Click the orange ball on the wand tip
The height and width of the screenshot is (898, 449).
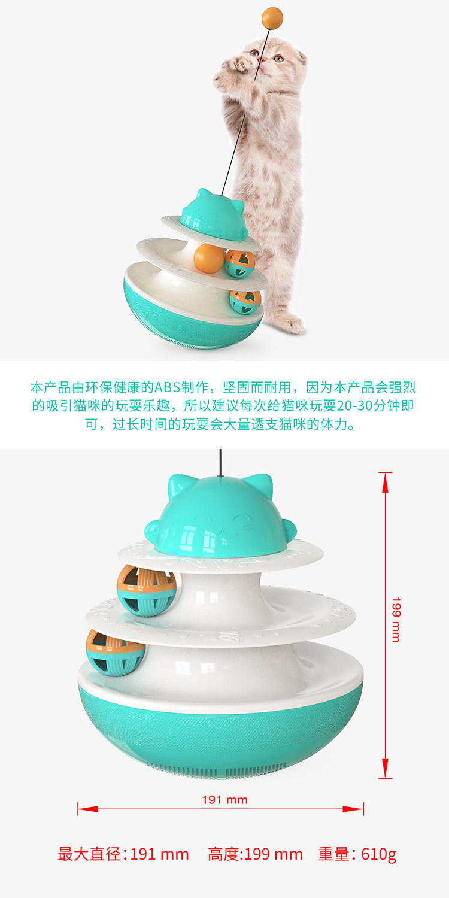[272, 17]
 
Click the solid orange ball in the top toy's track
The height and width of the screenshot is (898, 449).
[208, 259]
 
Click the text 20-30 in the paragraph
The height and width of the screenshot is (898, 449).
[356, 406]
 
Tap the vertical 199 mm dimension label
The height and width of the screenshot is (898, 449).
[396, 619]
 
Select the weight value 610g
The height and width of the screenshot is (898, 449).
[378, 854]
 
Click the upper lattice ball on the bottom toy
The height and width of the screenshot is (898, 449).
[147, 590]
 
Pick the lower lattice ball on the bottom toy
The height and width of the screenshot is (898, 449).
[116, 652]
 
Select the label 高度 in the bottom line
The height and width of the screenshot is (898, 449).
[223, 854]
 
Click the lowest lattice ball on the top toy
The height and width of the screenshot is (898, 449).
[245, 302]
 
